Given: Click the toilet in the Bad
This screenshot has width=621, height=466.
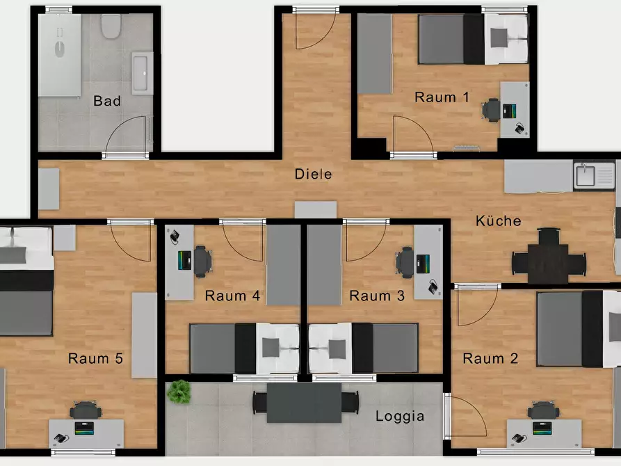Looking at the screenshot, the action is [111, 26].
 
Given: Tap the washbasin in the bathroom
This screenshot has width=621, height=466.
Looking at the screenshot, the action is [142, 73].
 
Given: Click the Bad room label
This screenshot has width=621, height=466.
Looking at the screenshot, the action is [107, 101].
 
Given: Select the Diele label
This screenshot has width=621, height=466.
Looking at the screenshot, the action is [313, 174].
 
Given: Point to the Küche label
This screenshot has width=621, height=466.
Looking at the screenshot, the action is [498, 220].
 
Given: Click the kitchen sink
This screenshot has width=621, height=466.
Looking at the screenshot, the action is [585, 175].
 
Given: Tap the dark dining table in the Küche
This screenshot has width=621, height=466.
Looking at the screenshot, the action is [548, 263].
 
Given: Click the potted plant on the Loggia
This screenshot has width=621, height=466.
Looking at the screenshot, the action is [179, 392].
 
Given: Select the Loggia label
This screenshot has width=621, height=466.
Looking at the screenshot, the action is [400, 416].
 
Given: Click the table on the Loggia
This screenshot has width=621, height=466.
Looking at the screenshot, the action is [304, 403].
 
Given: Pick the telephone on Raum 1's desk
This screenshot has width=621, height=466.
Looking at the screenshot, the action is [519, 129].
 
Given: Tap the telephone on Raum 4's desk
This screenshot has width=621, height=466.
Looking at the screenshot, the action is [175, 237].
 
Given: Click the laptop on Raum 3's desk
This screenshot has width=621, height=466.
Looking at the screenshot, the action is [423, 264].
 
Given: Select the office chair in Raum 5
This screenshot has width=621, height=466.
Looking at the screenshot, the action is [85, 410].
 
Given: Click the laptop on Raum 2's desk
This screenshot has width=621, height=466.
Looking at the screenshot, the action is [542, 428].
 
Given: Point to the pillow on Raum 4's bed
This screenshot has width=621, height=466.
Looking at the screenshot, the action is [271, 348].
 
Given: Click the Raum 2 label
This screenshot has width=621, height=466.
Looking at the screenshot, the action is [490, 359].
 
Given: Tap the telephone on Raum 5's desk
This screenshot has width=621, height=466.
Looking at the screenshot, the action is [61, 438].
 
